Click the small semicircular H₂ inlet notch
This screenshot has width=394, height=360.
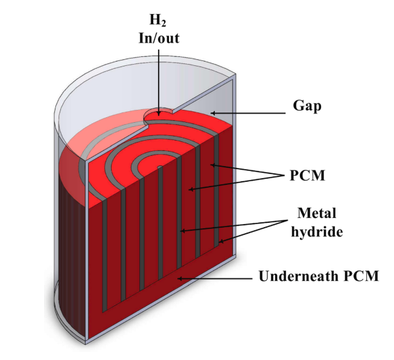point(159,112)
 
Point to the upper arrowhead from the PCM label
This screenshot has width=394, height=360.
point(211,164)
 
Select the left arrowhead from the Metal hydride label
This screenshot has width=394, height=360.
point(183,231)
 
